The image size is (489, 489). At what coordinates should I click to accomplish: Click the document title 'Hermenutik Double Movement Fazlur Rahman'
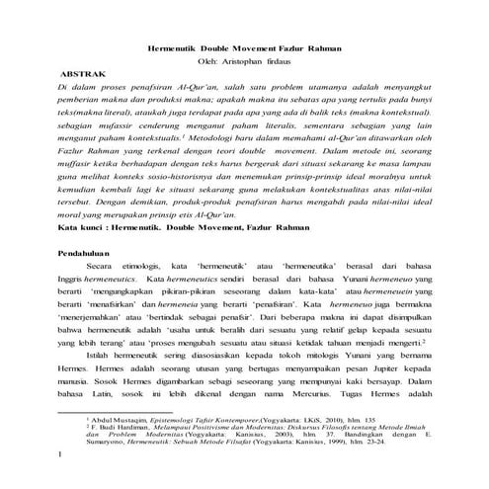[x=244, y=46]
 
